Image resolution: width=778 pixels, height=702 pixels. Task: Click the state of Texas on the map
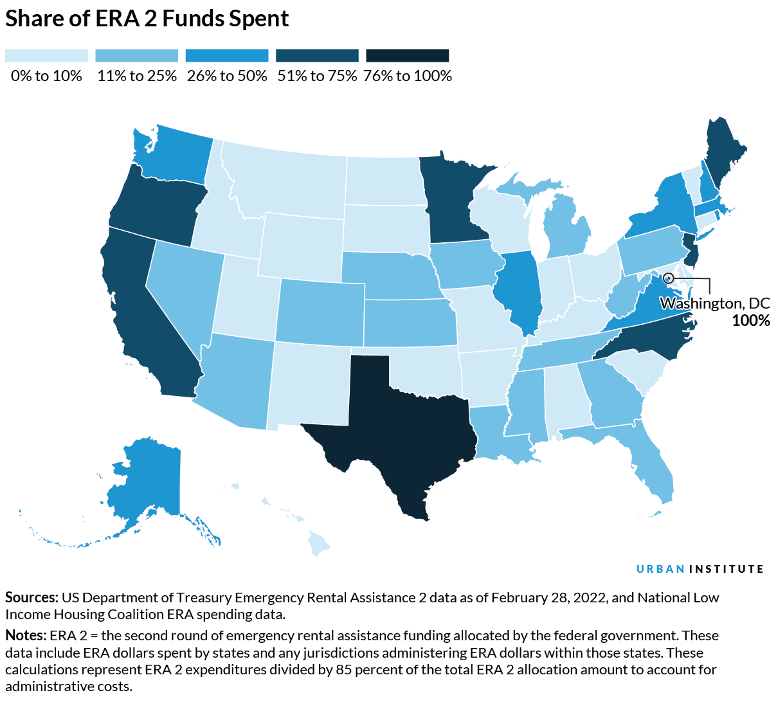tap(399, 431)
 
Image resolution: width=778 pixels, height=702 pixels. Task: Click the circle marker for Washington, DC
tap(668, 278)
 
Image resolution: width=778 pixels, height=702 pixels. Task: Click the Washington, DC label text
tap(714, 303)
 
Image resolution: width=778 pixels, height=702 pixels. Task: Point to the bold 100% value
tap(750, 320)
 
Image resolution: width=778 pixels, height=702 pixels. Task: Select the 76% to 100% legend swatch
tap(407, 56)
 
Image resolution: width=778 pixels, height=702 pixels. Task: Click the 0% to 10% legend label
tap(46, 76)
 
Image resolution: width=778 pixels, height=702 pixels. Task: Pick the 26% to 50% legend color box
tap(226, 56)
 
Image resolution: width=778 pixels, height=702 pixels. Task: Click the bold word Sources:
tap(32, 597)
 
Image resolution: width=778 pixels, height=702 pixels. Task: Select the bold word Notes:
tap(26, 635)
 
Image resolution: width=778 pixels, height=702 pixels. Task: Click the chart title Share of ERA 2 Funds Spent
tap(147, 19)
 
